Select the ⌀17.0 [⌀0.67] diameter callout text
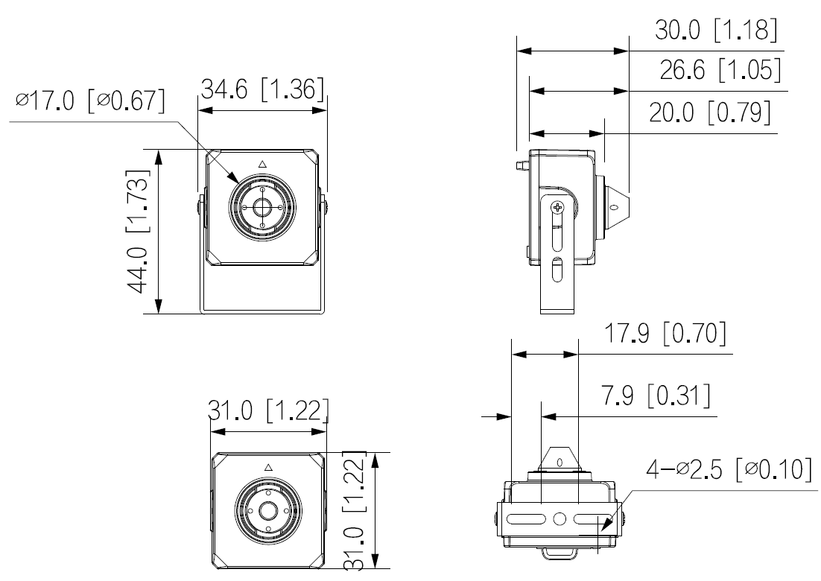(x=90, y=100)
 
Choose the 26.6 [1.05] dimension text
(x=720, y=69)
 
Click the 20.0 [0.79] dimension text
(x=710, y=112)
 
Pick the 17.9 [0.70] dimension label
(x=665, y=333)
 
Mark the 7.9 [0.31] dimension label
(x=656, y=396)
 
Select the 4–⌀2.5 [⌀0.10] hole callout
(x=729, y=469)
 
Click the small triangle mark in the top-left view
(x=263, y=165)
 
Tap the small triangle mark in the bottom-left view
(x=269, y=467)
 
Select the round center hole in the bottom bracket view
(x=560, y=519)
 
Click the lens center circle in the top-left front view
(x=261, y=208)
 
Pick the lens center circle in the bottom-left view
(x=269, y=510)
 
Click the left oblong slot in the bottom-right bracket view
(x=526, y=519)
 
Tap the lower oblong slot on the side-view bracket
(x=557, y=270)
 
